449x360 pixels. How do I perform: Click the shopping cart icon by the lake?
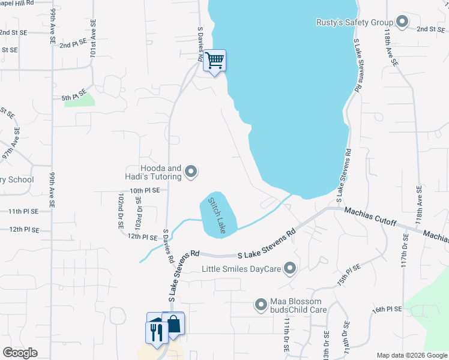coord(214,61)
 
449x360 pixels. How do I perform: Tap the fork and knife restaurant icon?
coord(157,332)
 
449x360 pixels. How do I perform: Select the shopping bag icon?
coord(173,325)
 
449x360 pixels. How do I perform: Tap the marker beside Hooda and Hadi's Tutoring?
coord(191,172)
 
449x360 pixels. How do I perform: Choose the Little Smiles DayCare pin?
coord(290,269)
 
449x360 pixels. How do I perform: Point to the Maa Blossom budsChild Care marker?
coord(261,305)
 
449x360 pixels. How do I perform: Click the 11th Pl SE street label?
coord(23,212)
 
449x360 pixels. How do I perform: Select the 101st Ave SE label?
coord(93,45)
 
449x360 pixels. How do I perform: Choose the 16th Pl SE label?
coord(386,310)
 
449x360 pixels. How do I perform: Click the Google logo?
coord(20,353)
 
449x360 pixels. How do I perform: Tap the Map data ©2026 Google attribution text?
coord(411,355)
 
